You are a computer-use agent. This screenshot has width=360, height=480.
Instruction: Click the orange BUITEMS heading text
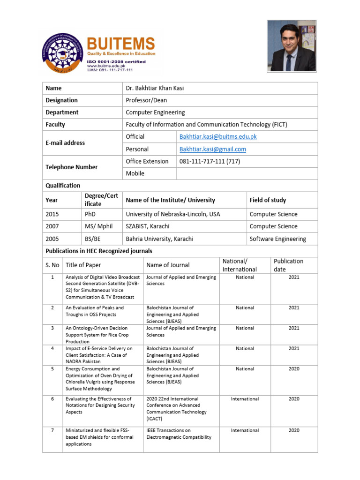tap(120, 45)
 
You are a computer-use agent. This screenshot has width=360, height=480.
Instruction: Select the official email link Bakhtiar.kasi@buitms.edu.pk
tap(218, 137)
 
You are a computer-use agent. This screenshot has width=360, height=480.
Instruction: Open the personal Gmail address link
tap(212, 149)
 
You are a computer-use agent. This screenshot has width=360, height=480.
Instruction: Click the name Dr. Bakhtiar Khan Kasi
tap(158, 88)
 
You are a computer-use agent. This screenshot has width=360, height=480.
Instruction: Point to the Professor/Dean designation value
tap(146, 100)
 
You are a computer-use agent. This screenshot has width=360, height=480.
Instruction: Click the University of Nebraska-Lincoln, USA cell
tap(172, 214)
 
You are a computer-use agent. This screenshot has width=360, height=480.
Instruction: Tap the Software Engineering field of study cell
tap(277, 239)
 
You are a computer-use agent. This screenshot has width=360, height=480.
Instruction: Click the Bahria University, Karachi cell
tap(159, 239)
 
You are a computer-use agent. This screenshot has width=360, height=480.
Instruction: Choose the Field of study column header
tap(268, 200)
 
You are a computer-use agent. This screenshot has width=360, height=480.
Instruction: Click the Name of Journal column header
tap(168, 265)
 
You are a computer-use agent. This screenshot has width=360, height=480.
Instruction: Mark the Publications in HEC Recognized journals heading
tap(98, 251)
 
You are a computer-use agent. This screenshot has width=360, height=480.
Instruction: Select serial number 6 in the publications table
tap(52, 399)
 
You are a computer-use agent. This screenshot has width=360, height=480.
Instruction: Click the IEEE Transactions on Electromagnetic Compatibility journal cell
tap(179, 434)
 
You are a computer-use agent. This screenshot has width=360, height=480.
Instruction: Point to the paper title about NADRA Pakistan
tap(99, 355)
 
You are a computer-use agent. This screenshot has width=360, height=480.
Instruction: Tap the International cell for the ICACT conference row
tap(245, 399)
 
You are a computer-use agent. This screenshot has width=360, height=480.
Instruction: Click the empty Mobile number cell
tap(247, 173)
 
